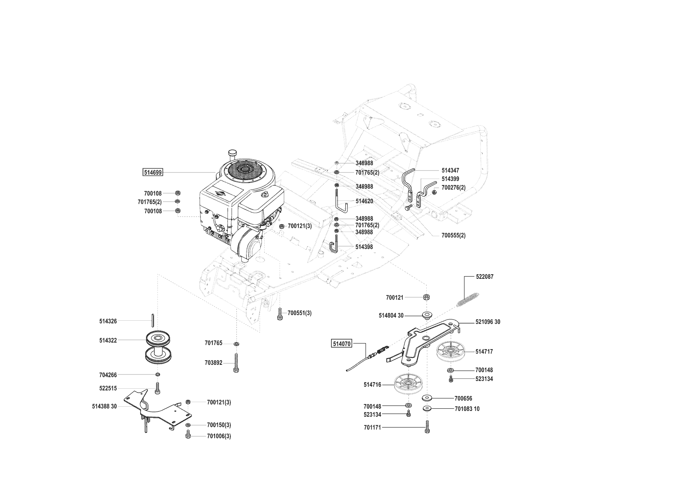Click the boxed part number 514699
point(153,173)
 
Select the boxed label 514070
point(342,343)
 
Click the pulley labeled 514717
point(451,351)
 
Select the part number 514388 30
point(104,406)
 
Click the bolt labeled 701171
point(427,427)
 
